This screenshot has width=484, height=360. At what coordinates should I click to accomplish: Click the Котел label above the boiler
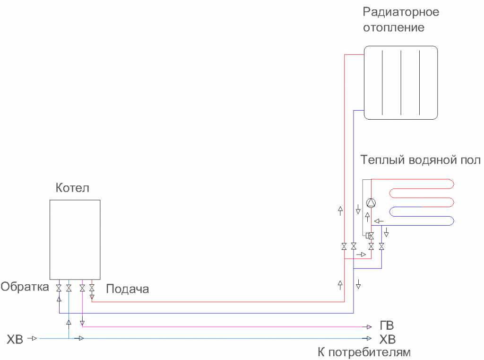(x=72, y=188)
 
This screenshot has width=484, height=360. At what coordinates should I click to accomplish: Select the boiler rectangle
(x=75, y=239)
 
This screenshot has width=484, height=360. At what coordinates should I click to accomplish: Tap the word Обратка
(x=25, y=287)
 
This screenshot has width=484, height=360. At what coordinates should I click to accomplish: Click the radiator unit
(x=400, y=82)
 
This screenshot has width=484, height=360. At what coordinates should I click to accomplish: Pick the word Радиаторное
(x=401, y=12)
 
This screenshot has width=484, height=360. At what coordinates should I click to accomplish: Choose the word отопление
(x=394, y=27)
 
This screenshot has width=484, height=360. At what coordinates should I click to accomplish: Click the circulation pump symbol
(x=372, y=202)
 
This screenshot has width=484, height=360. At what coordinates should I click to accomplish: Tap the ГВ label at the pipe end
(x=387, y=326)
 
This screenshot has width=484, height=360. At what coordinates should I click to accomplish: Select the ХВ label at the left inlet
(x=15, y=339)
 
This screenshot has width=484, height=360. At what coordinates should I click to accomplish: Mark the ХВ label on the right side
(x=388, y=339)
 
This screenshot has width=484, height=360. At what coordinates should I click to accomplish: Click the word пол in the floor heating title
(x=471, y=160)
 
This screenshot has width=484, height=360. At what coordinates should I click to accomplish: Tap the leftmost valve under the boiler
(x=59, y=288)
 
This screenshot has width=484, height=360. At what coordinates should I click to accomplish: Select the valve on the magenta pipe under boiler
(x=82, y=288)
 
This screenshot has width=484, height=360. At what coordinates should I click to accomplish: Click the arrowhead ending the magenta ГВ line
(x=369, y=326)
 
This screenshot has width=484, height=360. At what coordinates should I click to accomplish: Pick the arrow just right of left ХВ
(x=33, y=338)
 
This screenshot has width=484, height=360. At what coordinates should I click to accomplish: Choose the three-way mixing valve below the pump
(x=371, y=236)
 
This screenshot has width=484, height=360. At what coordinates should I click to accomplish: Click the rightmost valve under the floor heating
(x=381, y=246)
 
